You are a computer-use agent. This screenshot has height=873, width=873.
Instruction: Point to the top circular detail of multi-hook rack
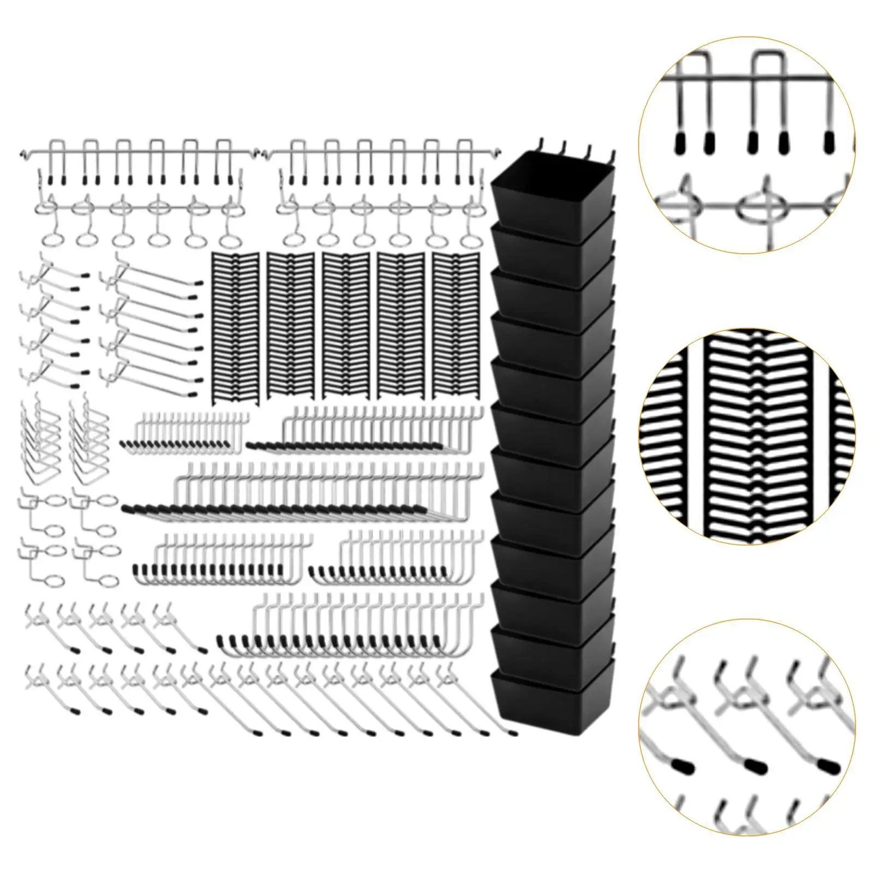pos(746,145)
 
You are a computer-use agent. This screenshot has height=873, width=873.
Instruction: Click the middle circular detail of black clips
pos(746,436)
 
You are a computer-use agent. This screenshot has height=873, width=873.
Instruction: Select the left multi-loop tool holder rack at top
pos(134,191)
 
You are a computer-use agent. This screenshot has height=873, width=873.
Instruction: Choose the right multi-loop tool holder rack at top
pos(382,191)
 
